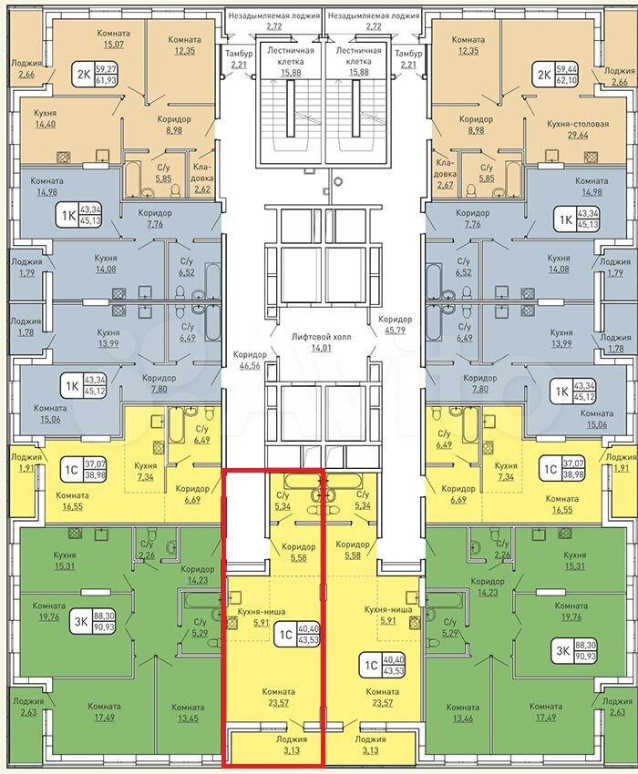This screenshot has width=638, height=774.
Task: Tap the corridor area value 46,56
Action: click(x=250, y=366)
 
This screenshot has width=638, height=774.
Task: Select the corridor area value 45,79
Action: click(x=395, y=330)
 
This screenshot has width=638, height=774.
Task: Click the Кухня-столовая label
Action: click(x=578, y=124)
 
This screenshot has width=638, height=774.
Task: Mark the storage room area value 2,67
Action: click(x=446, y=185)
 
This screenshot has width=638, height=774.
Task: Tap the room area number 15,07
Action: click(x=113, y=45)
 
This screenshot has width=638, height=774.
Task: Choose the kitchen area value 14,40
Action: click(x=45, y=124)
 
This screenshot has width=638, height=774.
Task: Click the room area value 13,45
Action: click(x=188, y=718)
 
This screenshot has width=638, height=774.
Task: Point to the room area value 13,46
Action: click(x=463, y=718)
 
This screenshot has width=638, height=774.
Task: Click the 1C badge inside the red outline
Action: click(x=296, y=634)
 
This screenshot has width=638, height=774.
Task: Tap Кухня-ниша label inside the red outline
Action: click(x=262, y=612)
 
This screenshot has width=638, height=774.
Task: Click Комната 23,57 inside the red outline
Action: click(x=279, y=697)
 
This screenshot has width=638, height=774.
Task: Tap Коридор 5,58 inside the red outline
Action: click(x=298, y=553)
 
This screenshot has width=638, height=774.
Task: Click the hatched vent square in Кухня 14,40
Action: click(x=64, y=157)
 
